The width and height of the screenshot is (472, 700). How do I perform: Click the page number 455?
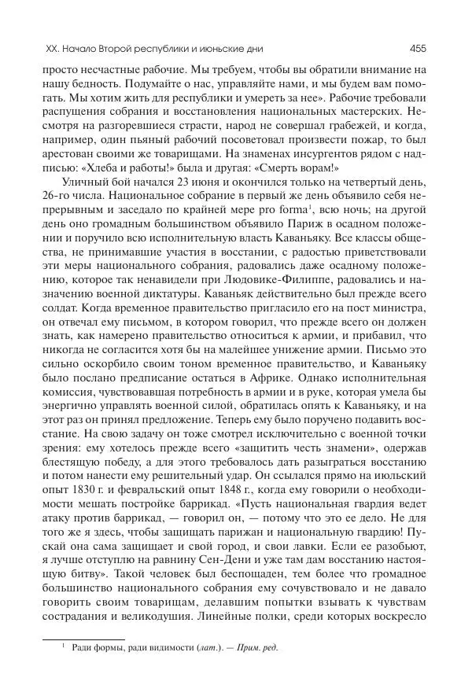tap(417, 48)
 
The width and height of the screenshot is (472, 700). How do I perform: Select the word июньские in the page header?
tap(211, 48)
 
